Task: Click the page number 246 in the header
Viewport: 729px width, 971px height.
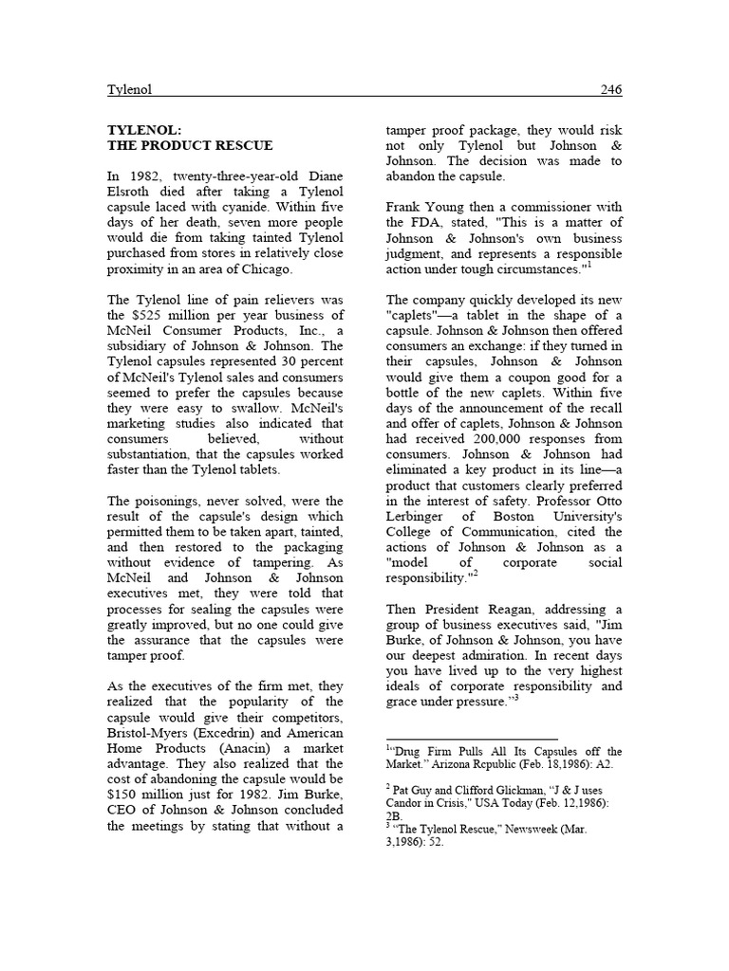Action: [x=611, y=90]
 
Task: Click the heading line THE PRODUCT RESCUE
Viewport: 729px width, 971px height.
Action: [x=190, y=145]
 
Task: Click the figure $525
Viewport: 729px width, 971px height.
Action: [x=152, y=315]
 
